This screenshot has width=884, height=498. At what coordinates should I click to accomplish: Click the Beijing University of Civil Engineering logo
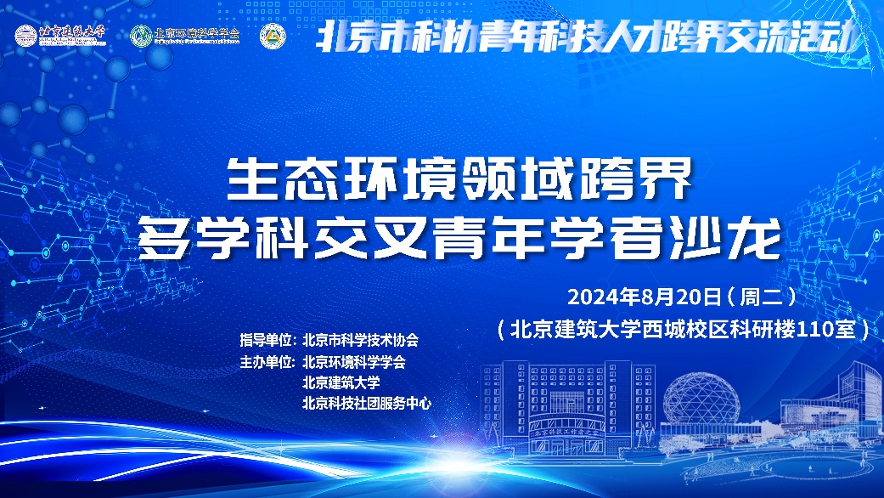(60, 36)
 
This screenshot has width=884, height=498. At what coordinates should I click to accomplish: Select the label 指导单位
(267, 340)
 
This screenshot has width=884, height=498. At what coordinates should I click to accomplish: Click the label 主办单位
(267, 361)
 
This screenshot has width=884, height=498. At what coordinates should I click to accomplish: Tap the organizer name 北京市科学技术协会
(360, 340)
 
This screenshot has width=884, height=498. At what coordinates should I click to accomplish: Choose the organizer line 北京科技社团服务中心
(367, 404)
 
